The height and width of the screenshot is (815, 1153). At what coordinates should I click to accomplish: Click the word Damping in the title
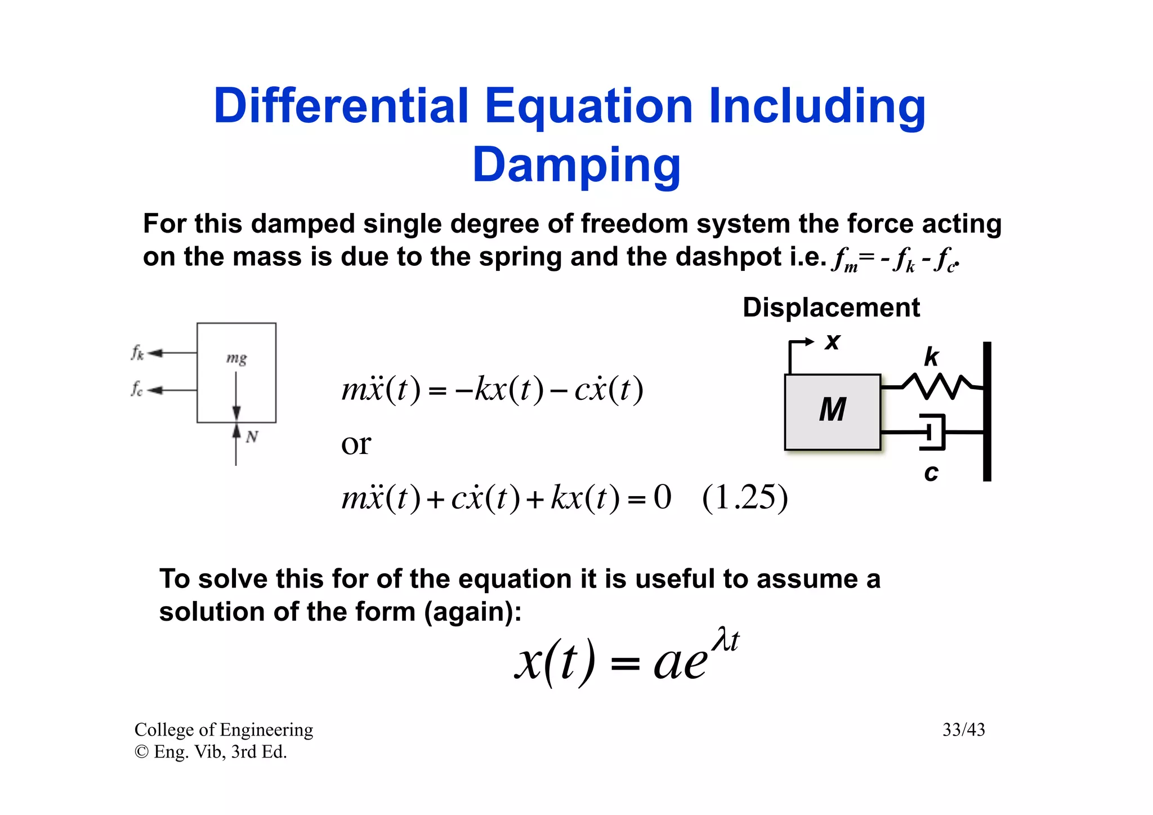point(576,165)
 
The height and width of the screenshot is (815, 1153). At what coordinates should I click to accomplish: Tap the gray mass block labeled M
point(832,411)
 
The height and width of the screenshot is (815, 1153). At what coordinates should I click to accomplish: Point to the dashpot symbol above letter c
point(933,433)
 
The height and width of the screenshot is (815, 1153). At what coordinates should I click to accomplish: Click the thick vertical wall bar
point(986,411)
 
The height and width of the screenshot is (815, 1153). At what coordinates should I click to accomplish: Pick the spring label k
point(931,357)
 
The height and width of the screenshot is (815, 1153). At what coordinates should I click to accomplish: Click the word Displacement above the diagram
point(831,308)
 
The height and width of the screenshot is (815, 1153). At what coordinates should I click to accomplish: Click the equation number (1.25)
point(744,498)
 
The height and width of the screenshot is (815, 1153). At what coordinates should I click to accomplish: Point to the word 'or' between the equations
point(356,444)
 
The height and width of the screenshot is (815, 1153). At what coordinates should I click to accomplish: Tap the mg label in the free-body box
point(236,358)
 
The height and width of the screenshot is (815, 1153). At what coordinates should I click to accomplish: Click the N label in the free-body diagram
point(252,437)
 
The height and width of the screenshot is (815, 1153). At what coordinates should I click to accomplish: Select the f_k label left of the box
point(137,353)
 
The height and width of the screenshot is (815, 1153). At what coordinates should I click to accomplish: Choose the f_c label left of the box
point(137,389)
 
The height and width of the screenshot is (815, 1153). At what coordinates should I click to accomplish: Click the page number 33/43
point(963,730)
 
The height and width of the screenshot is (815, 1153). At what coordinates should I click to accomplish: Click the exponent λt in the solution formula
point(726,640)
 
